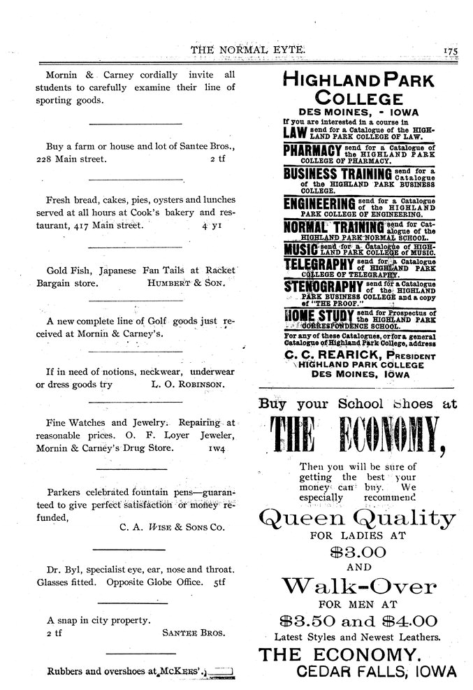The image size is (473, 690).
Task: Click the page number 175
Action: coord(449,50)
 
